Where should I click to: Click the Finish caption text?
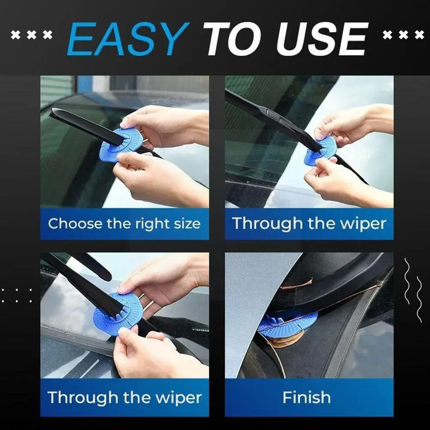point(307,397)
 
